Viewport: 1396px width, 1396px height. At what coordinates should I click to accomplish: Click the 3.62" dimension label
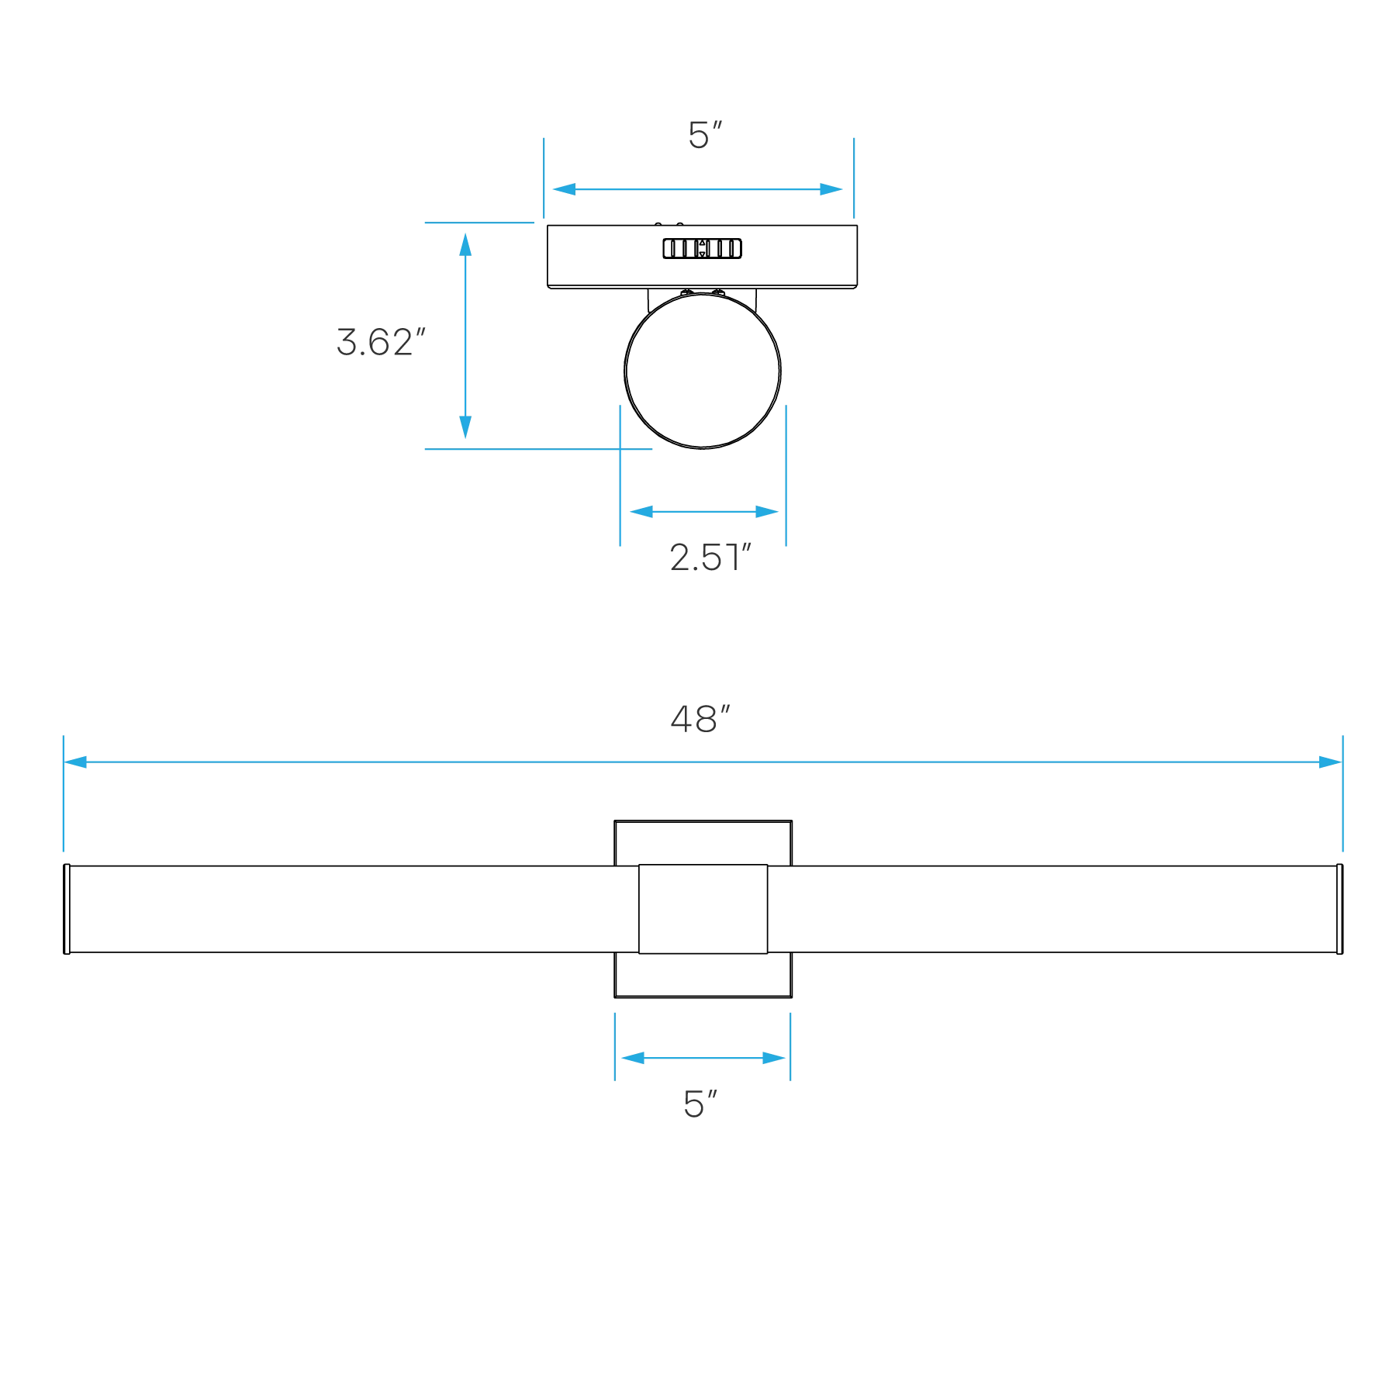coord(381,342)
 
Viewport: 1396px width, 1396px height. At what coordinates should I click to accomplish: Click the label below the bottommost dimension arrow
coord(700,1104)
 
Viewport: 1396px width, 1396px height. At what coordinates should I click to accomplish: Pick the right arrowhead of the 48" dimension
coord(1329,762)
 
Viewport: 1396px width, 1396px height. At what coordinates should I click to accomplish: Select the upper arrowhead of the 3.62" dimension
coord(465,243)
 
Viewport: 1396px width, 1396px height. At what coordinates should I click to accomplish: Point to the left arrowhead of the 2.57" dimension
coord(643,512)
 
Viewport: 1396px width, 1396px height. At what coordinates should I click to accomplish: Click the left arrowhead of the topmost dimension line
coord(566,189)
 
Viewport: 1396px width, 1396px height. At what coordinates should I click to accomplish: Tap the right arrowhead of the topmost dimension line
coord(831,189)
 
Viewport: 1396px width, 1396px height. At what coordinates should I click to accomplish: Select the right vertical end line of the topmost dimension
coord(853,180)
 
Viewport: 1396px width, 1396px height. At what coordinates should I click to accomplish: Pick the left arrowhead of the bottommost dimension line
coord(634,1059)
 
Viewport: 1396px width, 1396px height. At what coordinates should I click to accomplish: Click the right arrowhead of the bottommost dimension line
coord(769,1059)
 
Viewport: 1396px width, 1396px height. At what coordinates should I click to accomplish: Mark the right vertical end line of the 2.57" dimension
coord(785,477)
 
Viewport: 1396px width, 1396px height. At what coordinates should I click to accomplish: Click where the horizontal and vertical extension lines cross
coord(620,450)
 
